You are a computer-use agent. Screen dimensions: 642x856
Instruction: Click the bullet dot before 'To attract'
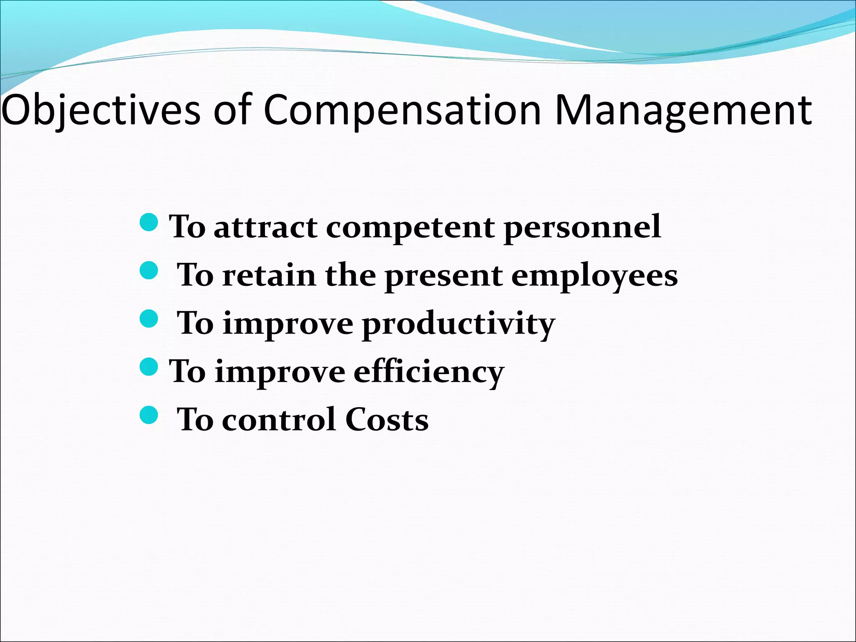click(148, 222)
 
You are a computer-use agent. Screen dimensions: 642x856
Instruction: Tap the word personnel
click(582, 228)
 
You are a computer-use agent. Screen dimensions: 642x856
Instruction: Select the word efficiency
click(429, 372)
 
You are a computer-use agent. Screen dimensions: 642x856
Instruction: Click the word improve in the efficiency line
click(280, 372)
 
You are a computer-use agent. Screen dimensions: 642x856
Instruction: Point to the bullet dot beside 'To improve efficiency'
click(148, 367)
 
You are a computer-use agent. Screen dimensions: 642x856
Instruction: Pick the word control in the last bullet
click(278, 420)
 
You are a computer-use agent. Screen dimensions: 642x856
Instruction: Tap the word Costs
click(387, 420)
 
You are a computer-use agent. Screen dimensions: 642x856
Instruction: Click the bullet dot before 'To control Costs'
click(148, 415)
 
